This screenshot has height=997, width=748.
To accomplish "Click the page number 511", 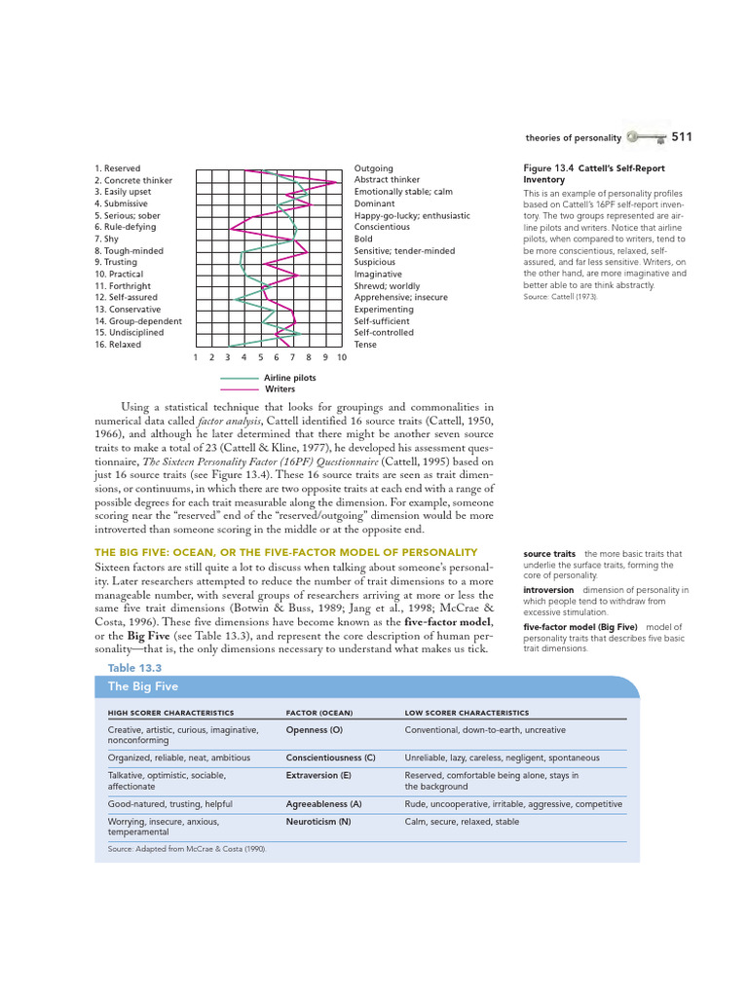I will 681,137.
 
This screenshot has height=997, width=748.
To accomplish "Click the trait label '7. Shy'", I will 107,239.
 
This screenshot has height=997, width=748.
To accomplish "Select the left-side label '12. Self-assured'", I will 126,297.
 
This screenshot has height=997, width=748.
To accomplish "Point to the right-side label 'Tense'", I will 366,344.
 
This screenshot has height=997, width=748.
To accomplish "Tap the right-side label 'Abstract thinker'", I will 387,180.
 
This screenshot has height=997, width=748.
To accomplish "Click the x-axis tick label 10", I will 341,357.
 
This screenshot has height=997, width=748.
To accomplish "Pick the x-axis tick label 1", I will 196,357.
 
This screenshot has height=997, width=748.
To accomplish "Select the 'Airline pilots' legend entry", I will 289,378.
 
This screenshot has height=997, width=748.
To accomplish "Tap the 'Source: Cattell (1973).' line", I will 561,296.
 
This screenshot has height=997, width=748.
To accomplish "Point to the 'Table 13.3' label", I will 134,667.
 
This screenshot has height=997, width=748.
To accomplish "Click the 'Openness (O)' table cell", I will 314,728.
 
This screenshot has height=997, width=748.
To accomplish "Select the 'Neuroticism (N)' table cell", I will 318,821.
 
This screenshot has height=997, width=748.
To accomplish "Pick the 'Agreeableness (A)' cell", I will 323,804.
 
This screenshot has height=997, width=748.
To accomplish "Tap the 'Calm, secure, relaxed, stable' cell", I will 462,821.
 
